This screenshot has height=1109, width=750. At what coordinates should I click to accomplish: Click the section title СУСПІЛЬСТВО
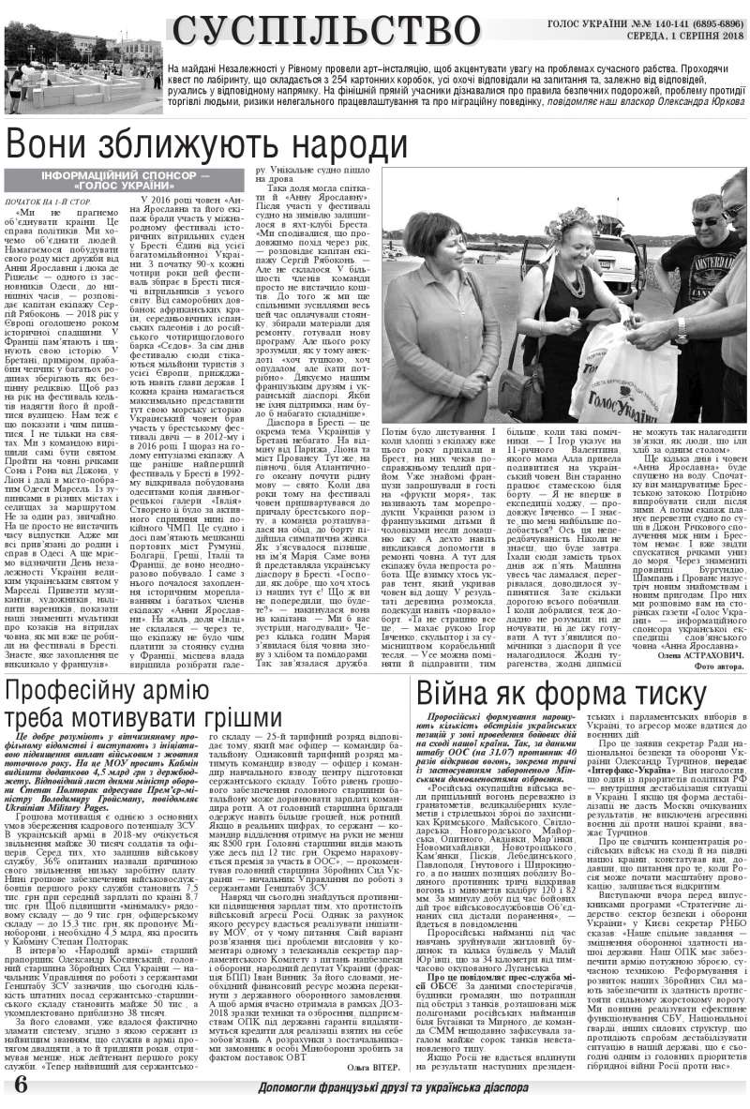pyautogui.click(x=327, y=30)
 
